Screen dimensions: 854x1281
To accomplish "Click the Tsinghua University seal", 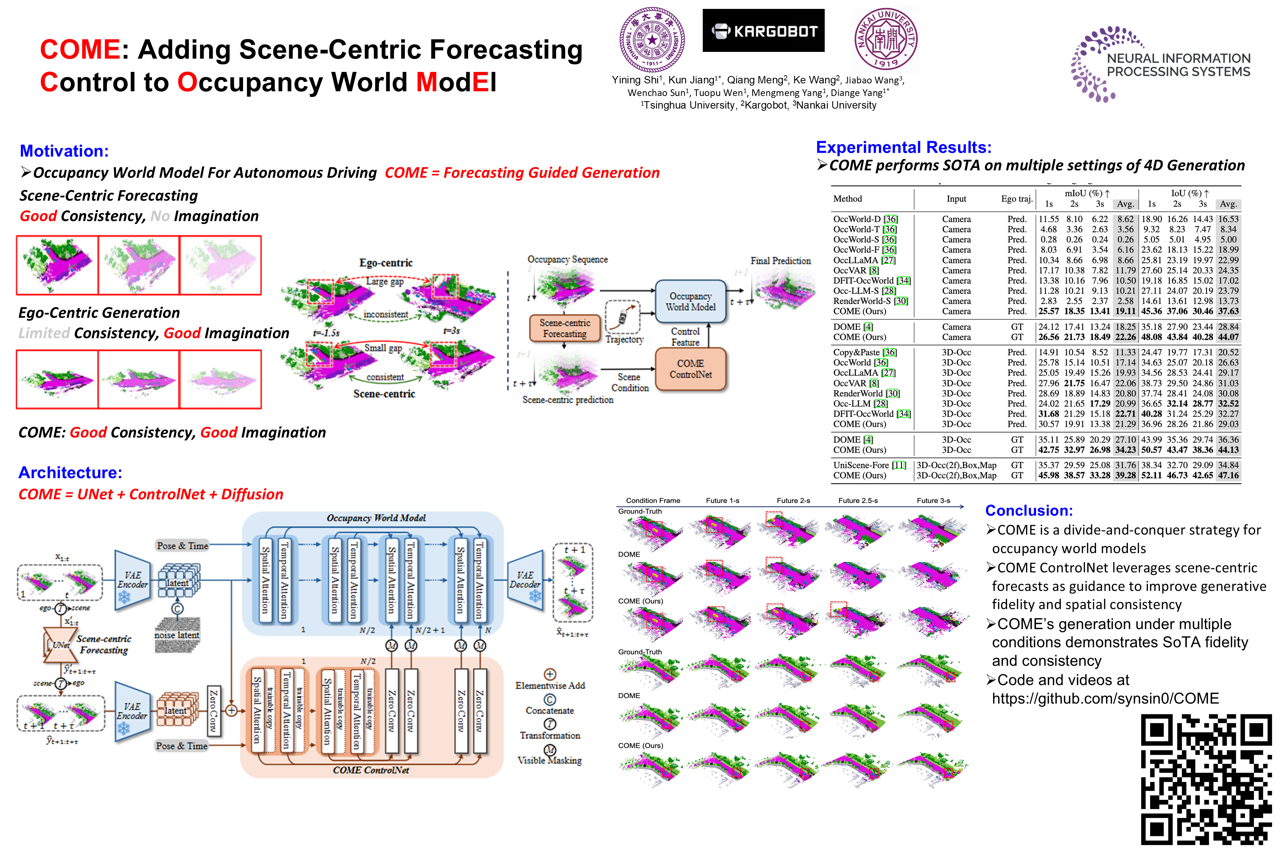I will tap(652, 39).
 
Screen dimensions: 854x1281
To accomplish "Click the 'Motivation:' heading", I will tap(64, 151).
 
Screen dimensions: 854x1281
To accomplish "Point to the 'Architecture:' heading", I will tap(70, 472).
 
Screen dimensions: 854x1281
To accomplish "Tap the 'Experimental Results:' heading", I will tap(904, 147).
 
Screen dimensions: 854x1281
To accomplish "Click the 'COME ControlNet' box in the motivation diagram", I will tap(691, 369).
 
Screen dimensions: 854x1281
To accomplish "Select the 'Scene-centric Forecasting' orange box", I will tap(565, 328).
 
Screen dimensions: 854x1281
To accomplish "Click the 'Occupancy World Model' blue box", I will tap(691, 302).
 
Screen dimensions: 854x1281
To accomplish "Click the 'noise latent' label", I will tap(177, 635).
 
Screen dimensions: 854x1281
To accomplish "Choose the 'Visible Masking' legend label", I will tap(550, 760).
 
